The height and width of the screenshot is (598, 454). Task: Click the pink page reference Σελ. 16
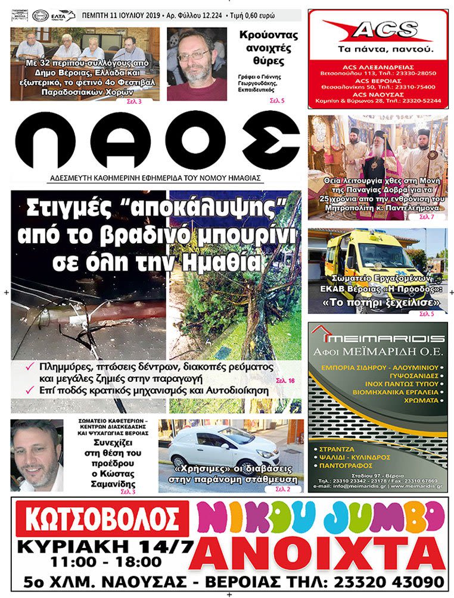pyautogui.click(x=285, y=380)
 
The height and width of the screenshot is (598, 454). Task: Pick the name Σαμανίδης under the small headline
pyautogui.click(x=115, y=483)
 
